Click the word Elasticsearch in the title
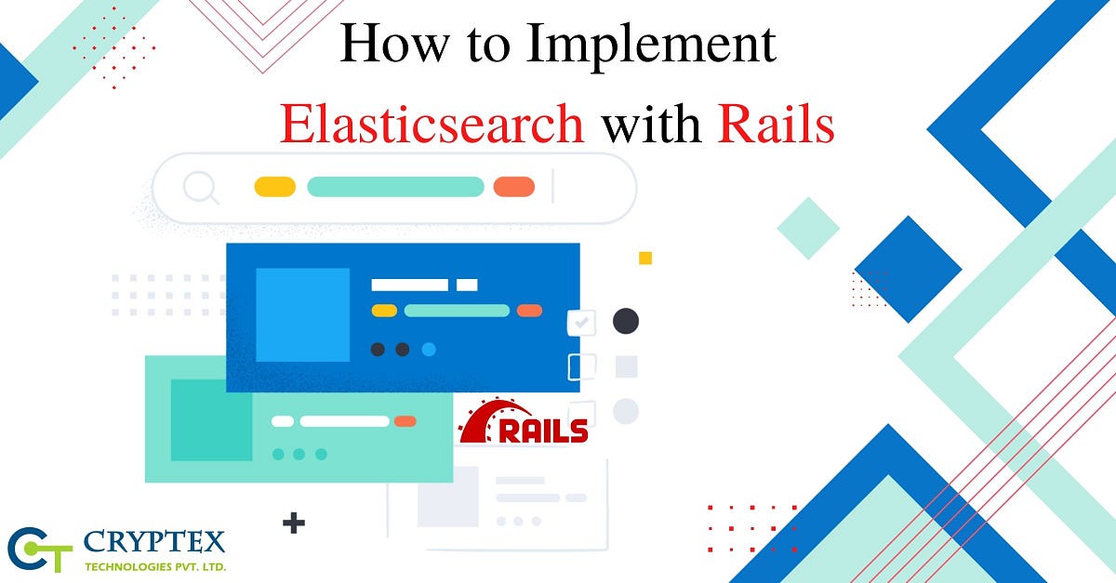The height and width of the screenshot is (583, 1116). coord(432,124)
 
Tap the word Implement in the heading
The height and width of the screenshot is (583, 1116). coord(651,45)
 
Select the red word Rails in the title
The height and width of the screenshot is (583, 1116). coord(776,123)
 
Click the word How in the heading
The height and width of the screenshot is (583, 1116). coord(394,43)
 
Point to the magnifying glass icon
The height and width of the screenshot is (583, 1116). coord(201,188)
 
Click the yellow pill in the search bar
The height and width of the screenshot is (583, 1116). coord(275,187)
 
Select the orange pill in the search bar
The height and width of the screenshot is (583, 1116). coord(514,187)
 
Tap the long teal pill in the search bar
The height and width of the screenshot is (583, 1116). coord(395,187)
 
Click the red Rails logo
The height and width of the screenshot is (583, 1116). coord(523,421)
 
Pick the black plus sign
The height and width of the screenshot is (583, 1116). coord(294,523)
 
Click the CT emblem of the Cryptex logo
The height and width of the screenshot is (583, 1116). coord(40,550)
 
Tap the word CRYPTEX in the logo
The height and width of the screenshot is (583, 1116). coord(154,542)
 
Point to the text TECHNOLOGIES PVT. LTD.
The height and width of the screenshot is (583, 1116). coord(155,567)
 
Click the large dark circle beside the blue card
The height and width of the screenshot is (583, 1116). coord(626,321)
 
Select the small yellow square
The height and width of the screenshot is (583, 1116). coord(645,258)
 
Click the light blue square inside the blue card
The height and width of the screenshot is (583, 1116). coord(302,315)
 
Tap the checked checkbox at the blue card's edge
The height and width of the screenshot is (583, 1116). coord(581,323)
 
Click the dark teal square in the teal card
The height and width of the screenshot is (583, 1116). coord(212,420)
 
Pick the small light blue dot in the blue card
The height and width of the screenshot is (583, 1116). coord(429,350)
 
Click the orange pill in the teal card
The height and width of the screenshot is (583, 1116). coord(405,421)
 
